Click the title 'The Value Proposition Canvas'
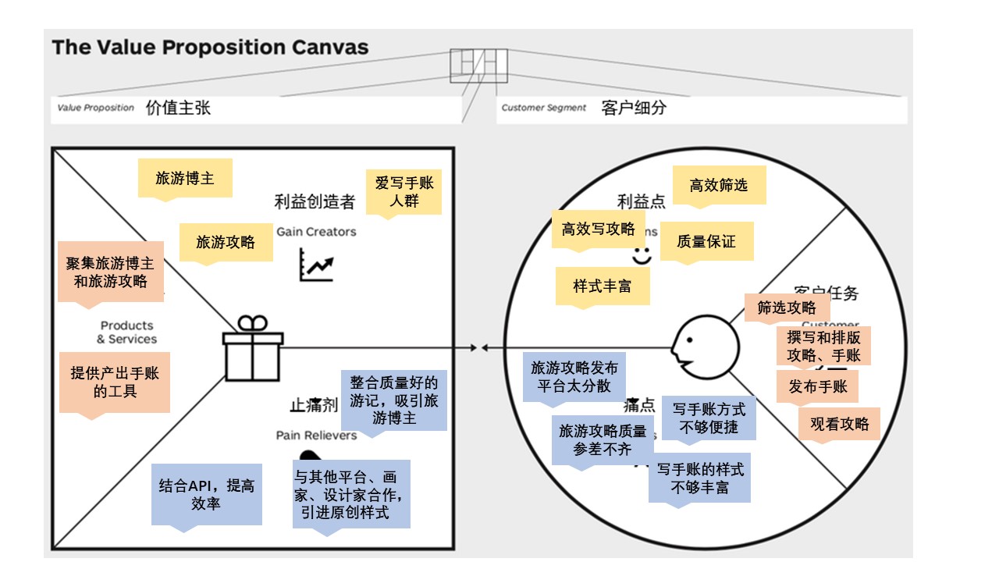pyautogui.click(x=210, y=47)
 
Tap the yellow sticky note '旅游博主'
pyautogui.click(x=185, y=178)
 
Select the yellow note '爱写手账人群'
pyautogui.click(x=404, y=191)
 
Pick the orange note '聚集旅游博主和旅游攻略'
pyautogui.click(x=111, y=271)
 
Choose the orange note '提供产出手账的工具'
pyautogui.click(x=115, y=382)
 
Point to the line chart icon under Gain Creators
pyautogui.click(x=316, y=265)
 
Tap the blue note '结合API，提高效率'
pyautogui.click(x=207, y=494)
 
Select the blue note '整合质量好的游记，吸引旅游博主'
pyautogui.click(x=394, y=400)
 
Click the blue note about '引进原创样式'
pyautogui.click(x=351, y=493)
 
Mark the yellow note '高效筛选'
pyautogui.click(x=719, y=185)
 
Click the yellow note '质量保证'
pyautogui.click(x=706, y=241)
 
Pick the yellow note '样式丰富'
pyautogui.click(x=603, y=286)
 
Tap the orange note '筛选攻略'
pyautogui.click(x=787, y=308)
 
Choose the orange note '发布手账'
pyautogui.click(x=817, y=386)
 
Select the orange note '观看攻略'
pyautogui.click(x=839, y=424)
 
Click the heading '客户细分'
pyautogui.click(x=634, y=108)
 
